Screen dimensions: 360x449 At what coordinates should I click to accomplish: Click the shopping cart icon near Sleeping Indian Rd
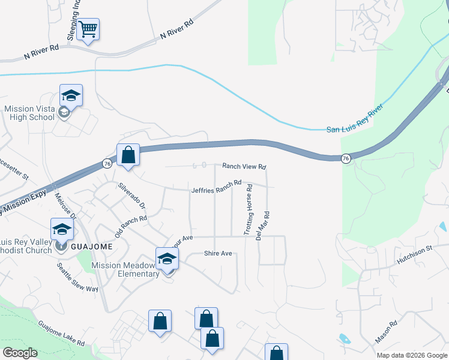[x=88, y=29]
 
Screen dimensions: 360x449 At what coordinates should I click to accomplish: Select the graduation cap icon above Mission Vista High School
[x=71, y=95]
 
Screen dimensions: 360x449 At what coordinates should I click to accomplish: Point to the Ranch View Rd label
[x=244, y=166]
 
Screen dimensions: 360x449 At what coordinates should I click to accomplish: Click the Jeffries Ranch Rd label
[x=216, y=187]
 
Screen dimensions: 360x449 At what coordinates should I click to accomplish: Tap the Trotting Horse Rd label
[x=249, y=209]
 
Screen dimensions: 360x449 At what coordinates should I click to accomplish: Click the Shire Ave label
[x=218, y=253]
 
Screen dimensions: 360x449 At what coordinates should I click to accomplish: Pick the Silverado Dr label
[x=131, y=196]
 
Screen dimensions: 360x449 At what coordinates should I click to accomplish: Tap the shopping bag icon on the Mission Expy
[x=128, y=155]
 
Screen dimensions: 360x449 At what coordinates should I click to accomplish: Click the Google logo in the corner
[x=20, y=353]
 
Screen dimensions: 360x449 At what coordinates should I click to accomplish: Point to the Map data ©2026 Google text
[x=411, y=355]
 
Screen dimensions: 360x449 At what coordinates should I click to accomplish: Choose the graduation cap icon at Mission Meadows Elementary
[x=167, y=259]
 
